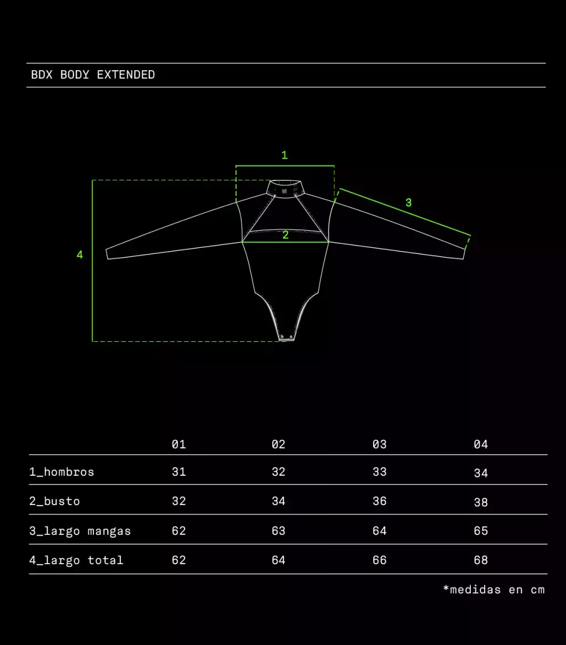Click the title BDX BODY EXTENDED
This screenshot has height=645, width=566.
click(x=93, y=75)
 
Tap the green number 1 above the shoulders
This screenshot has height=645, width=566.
click(x=285, y=155)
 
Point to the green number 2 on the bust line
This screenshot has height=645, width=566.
click(x=285, y=235)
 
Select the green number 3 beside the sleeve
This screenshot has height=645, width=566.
click(x=408, y=202)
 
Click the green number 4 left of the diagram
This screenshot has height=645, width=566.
click(x=80, y=254)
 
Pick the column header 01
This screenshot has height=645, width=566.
click(x=179, y=444)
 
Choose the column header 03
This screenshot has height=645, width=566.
click(x=379, y=444)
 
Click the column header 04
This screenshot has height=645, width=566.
click(x=480, y=444)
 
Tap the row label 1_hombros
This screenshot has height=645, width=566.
click(x=62, y=472)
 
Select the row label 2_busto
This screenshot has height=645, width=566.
click(x=55, y=501)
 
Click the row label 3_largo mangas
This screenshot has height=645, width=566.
click(x=80, y=531)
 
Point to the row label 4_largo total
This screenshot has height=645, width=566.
click(x=76, y=560)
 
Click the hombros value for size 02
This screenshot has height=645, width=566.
click(x=278, y=472)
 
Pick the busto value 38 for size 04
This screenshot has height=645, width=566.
click(x=480, y=502)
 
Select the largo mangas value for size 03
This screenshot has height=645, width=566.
click(x=379, y=531)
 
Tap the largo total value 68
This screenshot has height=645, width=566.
click(x=480, y=560)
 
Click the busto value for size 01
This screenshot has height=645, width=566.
click(x=179, y=501)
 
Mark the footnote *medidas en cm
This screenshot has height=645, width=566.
click(x=494, y=590)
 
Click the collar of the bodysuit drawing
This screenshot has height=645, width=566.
click(x=285, y=189)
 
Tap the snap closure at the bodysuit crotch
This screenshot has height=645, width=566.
click(x=286, y=338)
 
